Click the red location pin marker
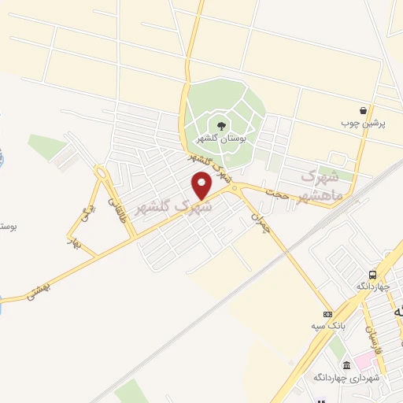(x=202, y=185)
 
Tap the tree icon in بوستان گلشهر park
(x=221, y=124)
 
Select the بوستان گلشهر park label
(x=221, y=139)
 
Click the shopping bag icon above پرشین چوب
(x=362, y=110)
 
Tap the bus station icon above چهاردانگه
(x=372, y=275)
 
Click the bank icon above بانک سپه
(x=328, y=314)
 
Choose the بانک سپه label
(x=328, y=327)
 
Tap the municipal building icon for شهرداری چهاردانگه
(x=346, y=365)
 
